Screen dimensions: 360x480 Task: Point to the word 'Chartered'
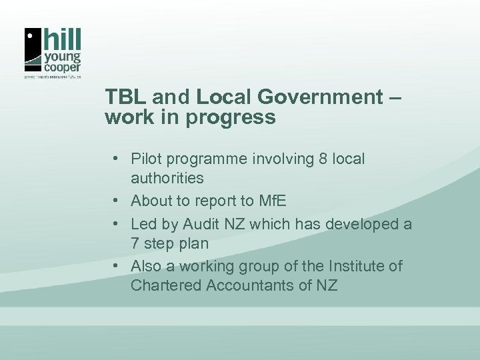point(164,286)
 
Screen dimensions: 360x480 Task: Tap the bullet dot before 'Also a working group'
point(116,267)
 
